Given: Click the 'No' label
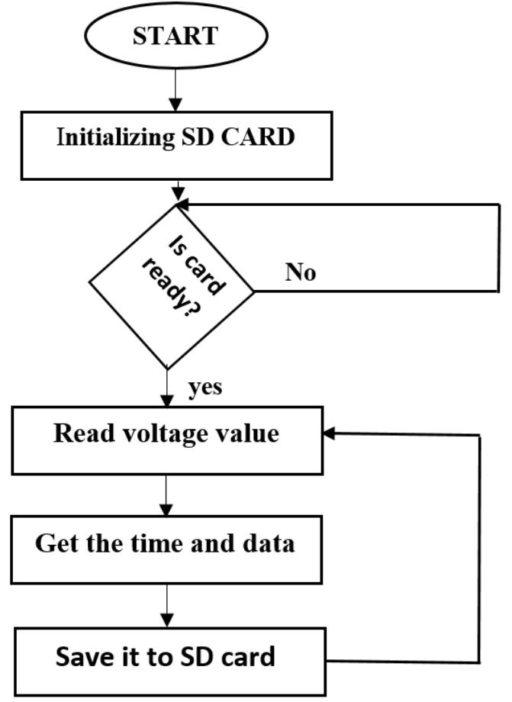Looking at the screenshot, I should tap(301, 272).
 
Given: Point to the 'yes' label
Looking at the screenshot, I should tap(205, 388).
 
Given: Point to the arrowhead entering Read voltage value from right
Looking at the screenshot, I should tap(329, 433).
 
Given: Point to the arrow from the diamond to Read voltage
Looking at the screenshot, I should tap(166, 387).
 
